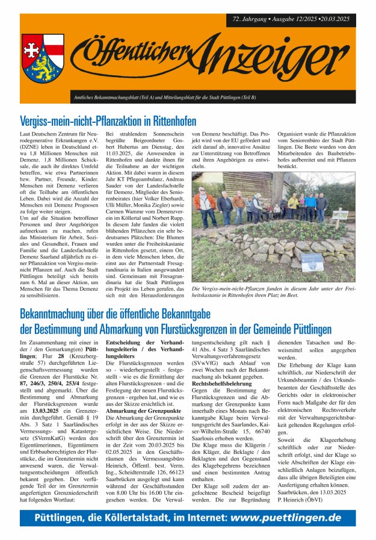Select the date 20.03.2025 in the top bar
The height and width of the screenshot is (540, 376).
tap(333, 19)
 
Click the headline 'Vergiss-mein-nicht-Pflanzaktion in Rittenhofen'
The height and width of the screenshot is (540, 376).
tap(108, 120)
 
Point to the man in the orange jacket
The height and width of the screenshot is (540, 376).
tap(205, 202)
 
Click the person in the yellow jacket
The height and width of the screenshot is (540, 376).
tap(293, 202)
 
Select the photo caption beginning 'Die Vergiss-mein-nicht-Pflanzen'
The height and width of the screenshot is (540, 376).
tap(274, 293)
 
